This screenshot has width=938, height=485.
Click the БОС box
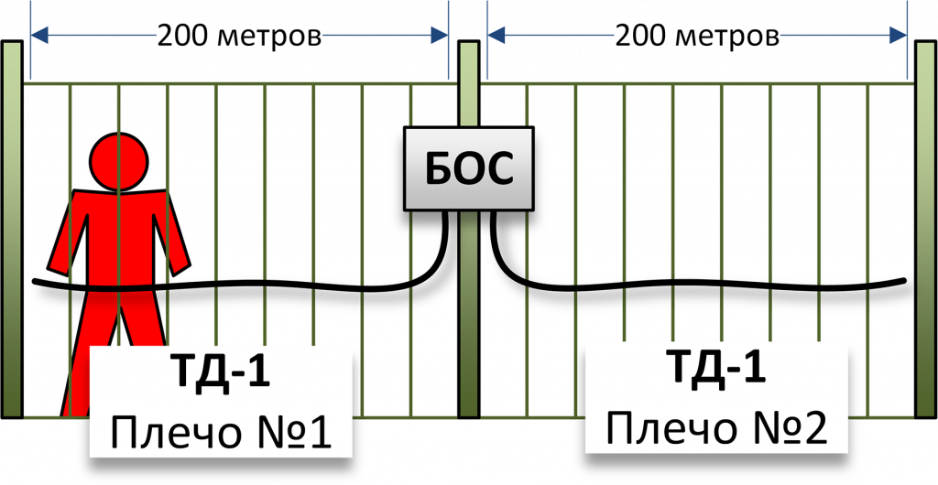pyautogui.click(x=468, y=169)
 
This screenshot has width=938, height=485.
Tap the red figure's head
pyautogui.click(x=119, y=160)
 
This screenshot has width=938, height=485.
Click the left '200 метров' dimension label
pyautogui.click(x=240, y=37)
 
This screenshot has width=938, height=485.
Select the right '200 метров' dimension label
pyautogui.click(x=697, y=37)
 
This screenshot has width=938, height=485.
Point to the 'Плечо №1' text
pyautogui.click(x=221, y=430)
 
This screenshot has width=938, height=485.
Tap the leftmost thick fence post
pyautogui.click(x=12, y=229)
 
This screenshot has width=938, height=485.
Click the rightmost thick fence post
pyautogui.click(x=927, y=229)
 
